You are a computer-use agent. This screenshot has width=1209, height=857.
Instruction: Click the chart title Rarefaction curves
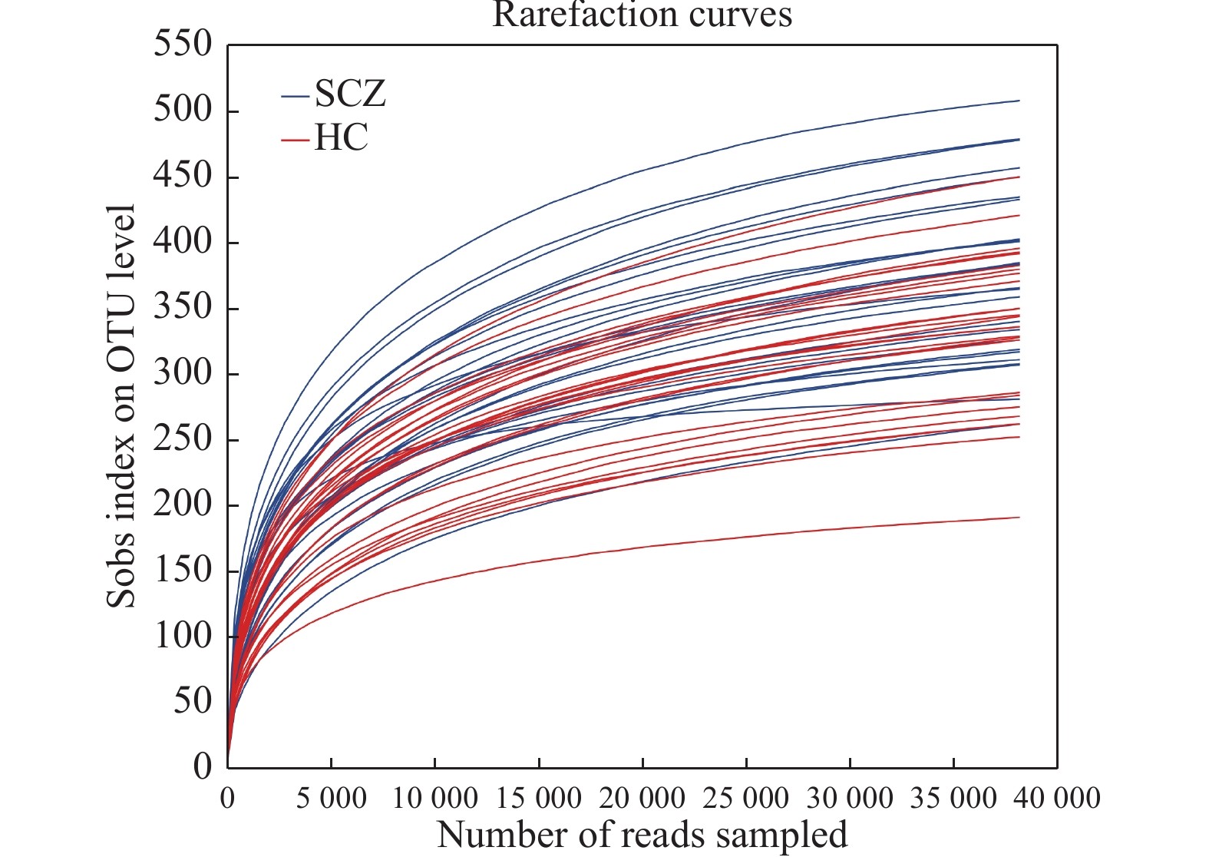(642, 15)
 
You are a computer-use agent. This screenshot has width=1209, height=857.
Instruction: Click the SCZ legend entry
(349, 94)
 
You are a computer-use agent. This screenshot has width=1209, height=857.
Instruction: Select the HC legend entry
(341, 138)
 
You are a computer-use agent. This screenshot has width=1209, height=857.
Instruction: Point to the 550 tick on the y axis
(183, 44)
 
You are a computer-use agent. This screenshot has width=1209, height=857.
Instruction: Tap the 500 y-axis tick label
(183, 110)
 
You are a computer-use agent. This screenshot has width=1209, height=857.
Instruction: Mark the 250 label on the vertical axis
(183, 439)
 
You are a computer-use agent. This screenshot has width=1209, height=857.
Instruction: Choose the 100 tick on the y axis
(183, 636)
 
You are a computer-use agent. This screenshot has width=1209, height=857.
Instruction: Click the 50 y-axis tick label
(192, 701)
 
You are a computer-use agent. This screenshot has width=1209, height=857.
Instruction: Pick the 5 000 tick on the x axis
(332, 799)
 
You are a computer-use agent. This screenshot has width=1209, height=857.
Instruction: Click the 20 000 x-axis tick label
(642, 799)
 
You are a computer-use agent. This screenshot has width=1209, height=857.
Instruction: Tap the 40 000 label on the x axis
(1057, 799)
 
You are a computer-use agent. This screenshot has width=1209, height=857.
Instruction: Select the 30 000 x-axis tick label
(850, 799)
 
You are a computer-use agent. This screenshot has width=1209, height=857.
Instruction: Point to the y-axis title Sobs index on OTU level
(121, 405)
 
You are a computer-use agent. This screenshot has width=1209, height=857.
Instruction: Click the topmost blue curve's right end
(1019, 101)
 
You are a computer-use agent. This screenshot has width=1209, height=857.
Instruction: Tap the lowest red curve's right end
(1019, 518)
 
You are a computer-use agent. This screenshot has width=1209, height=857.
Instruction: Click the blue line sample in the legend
(295, 97)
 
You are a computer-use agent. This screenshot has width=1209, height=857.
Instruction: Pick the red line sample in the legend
(295, 141)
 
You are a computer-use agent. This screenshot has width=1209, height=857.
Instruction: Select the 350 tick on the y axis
(183, 307)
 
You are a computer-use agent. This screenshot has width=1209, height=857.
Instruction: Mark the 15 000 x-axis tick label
(539, 799)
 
